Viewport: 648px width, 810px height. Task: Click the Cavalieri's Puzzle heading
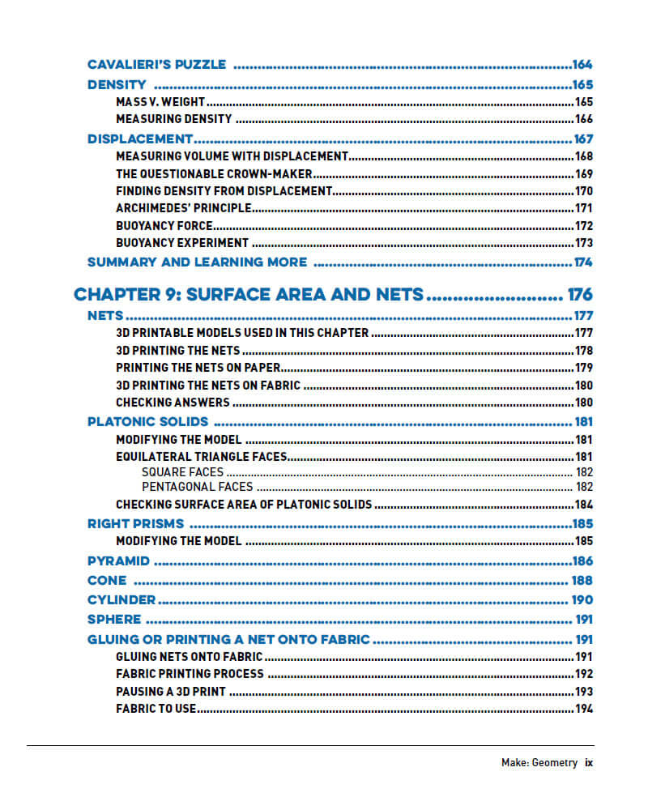[x=156, y=65]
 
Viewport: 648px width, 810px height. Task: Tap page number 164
[x=582, y=65]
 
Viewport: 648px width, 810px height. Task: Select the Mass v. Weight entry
[x=161, y=102]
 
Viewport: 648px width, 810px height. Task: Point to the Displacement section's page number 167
[x=583, y=139]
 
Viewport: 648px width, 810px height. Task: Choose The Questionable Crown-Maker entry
[x=215, y=174]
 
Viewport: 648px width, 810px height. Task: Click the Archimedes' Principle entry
[x=183, y=208]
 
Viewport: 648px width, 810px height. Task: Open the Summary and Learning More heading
[x=197, y=262]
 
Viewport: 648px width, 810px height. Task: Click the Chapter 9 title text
[x=248, y=294]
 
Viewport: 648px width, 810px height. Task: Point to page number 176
[x=580, y=294]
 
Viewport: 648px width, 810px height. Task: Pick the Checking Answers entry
[x=173, y=403]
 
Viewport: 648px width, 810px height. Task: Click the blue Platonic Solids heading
[x=147, y=422]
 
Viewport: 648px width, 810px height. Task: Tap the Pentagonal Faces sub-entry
[x=197, y=487]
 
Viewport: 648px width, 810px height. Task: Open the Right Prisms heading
[x=135, y=524]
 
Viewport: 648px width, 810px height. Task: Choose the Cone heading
[x=107, y=581]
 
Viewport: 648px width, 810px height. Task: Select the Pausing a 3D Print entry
[x=171, y=692]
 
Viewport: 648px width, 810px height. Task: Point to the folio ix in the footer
[x=589, y=762]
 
